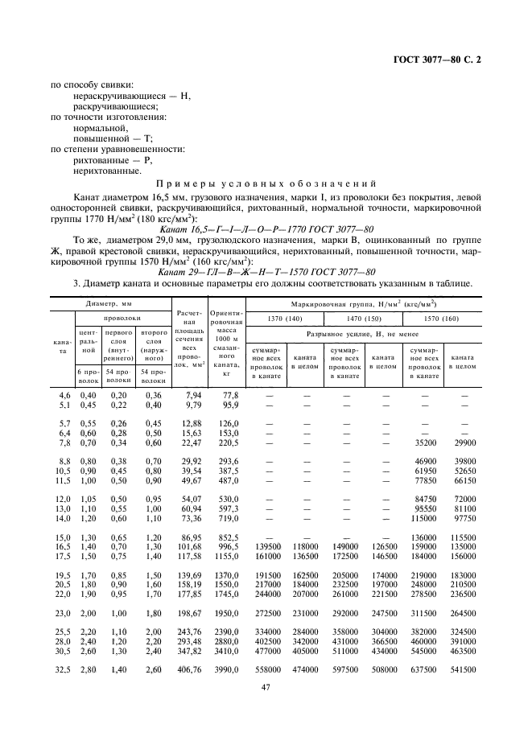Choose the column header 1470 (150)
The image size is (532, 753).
363,319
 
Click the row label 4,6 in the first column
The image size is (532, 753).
65,395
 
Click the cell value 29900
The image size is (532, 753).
464,442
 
